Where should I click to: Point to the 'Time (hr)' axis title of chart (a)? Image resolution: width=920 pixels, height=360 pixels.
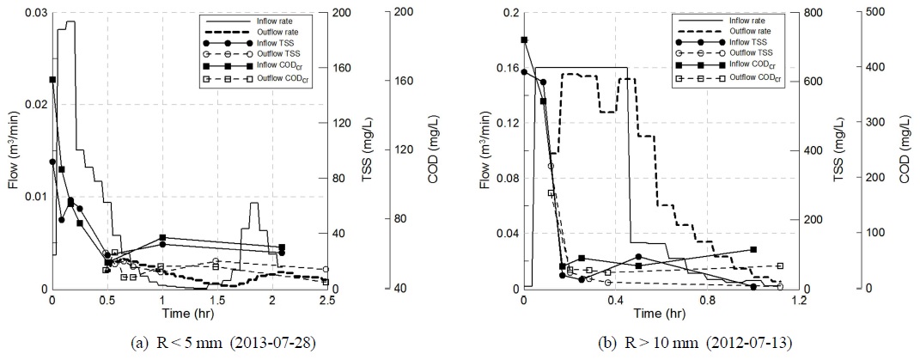[x=190, y=312]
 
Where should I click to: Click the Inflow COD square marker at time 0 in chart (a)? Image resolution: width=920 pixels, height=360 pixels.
[x=52, y=79]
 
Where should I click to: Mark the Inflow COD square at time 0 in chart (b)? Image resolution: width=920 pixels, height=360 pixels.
[x=524, y=40]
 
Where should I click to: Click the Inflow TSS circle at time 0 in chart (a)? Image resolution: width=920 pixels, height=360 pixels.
[x=52, y=162]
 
